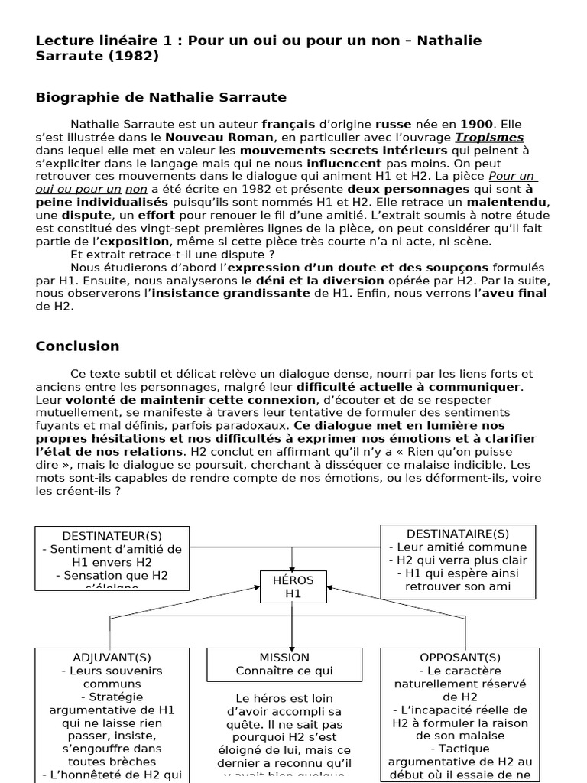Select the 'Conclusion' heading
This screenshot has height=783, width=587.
click(77, 346)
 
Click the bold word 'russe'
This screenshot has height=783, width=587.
click(395, 124)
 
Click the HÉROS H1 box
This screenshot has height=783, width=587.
click(293, 586)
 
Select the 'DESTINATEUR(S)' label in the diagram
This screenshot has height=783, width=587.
click(112, 535)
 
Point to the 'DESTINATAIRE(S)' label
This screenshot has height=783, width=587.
click(458, 533)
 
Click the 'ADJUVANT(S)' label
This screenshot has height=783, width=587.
click(112, 657)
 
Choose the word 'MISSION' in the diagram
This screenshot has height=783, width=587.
click(284, 657)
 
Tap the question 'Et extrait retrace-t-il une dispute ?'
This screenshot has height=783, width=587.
click(173, 255)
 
